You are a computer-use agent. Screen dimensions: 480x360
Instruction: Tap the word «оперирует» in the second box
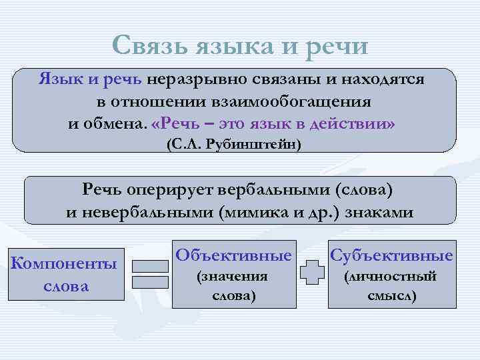(x=172, y=190)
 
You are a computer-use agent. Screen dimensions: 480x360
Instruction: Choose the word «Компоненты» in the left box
(x=64, y=264)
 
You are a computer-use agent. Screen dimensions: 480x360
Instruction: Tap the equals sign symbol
(x=149, y=274)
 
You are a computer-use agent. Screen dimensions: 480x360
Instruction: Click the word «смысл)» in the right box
(x=392, y=295)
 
